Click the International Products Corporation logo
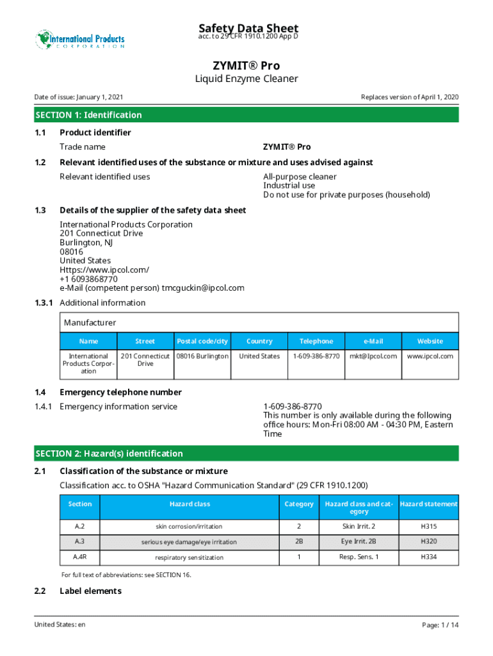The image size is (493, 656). click(79, 40)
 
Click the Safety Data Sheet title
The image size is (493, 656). click(248, 28)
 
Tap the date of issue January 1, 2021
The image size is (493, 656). click(79, 97)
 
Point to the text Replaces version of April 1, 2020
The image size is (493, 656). click(410, 97)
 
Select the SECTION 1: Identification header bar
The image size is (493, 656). click(247, 115)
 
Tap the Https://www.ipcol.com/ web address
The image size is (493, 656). click(104, 270)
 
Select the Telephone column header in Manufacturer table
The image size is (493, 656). click(316, 341)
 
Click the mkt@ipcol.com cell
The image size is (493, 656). click(373, 356)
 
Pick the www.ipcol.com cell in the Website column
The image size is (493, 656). click(430, 356)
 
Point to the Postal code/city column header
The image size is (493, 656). click(202, 341)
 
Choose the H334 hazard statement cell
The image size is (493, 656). click(429, 557)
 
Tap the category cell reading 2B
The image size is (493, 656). click(299, 542)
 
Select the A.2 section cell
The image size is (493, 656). click(80, 527)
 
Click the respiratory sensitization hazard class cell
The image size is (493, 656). click(190, 557)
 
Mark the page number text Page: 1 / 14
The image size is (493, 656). click(440, 624)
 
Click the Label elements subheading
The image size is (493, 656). click(90, 591)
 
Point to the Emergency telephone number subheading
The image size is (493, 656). click(120, 392)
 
